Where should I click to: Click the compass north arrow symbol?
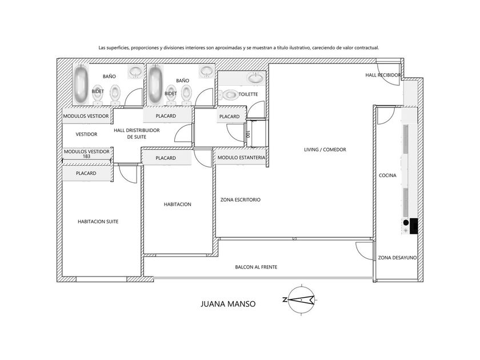click(x=301, y=300)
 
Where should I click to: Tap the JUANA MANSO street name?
click(x=228, y=304)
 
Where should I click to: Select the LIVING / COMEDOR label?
click(x=325, y=150)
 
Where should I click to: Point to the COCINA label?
click(x=387, y=175)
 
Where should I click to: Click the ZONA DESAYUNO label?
click(x=397, y=258)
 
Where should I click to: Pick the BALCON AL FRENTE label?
click(x=256, y=267)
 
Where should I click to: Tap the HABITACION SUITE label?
click(x=98, y=221)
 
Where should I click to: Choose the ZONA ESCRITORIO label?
click(x=241, y=200)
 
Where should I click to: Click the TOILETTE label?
click(x=248, y=94)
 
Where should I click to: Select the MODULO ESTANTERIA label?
click(x=241, y=158)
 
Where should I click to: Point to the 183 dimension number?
click(x=87, y=156)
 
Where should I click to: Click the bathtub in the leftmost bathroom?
click(x=81, y=83)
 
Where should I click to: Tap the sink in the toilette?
click(x=256, y=78)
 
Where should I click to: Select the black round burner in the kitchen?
click(x=406, y=222)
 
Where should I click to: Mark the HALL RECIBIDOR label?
click(x=383, y=75)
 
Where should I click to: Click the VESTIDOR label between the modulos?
click(x=86, y=134)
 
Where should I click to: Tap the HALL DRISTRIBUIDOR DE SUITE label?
click(x=137, y=134)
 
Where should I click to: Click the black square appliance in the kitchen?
click(x=414, y=226)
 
